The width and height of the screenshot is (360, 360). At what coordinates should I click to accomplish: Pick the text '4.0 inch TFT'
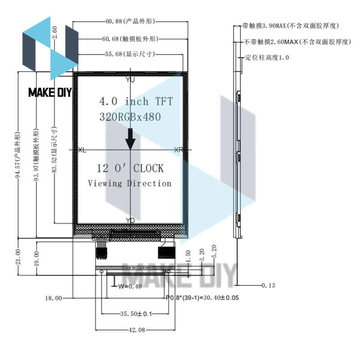pos(136,101)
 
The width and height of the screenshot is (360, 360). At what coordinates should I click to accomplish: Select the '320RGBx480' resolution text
pos(130,117)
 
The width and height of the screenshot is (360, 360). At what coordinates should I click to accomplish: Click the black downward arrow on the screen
pos(130,139)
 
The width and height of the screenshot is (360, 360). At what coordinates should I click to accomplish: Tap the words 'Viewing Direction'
pos(130,183)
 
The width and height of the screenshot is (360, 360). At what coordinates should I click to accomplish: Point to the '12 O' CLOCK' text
pos(130,168)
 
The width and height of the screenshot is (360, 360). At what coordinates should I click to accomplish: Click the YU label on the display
pos(130,79)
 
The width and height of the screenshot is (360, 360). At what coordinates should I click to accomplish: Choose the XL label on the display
pos(81,150)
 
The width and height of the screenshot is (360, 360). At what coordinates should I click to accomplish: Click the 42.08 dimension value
pos(135,330)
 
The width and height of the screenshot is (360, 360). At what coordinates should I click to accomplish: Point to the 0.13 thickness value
pos(268,286)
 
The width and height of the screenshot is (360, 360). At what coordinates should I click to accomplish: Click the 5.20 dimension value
pos(214,252)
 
